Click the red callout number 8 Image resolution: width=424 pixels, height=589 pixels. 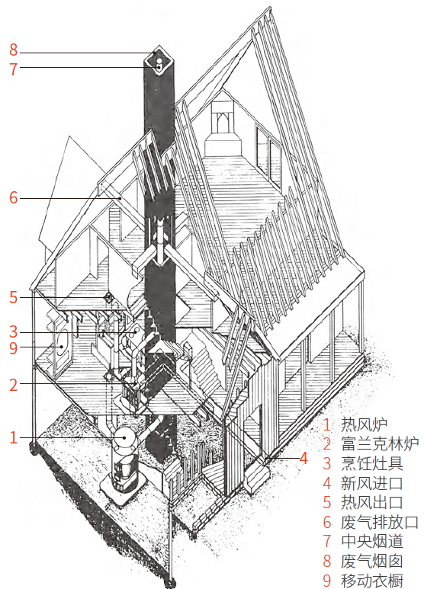14,50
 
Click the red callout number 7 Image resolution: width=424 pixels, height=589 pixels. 14,69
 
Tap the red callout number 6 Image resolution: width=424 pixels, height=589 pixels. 14,197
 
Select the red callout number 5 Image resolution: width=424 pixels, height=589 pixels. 14,297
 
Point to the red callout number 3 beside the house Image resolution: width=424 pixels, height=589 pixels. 14,331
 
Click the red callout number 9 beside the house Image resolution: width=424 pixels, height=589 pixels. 14,348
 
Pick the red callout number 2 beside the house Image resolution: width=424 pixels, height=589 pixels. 14,385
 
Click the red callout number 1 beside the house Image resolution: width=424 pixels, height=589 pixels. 14,437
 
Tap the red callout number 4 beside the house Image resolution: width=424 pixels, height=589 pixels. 304,458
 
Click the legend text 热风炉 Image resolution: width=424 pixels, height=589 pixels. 365,424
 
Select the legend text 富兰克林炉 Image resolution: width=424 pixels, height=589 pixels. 380,443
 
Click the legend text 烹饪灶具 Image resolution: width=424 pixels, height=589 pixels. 372,463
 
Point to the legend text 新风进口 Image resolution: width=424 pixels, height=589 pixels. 372,482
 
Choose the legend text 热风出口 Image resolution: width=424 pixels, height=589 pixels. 372,502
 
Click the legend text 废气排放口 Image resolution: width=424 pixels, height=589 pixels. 380,522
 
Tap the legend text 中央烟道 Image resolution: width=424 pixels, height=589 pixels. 372,541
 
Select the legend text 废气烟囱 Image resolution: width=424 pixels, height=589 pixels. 372,561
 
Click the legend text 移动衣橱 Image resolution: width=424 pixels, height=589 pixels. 372,581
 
